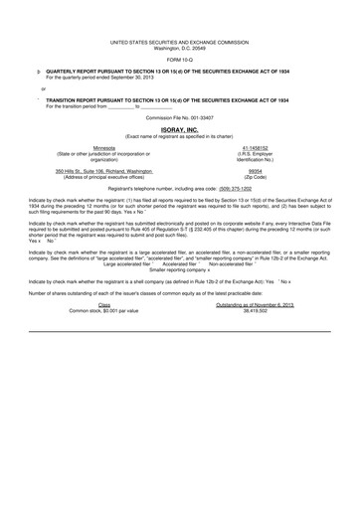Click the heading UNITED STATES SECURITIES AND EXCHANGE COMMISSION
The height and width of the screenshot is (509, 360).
click(x=180, y=43)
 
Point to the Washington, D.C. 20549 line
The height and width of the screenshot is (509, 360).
click(x=180, y=49)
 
